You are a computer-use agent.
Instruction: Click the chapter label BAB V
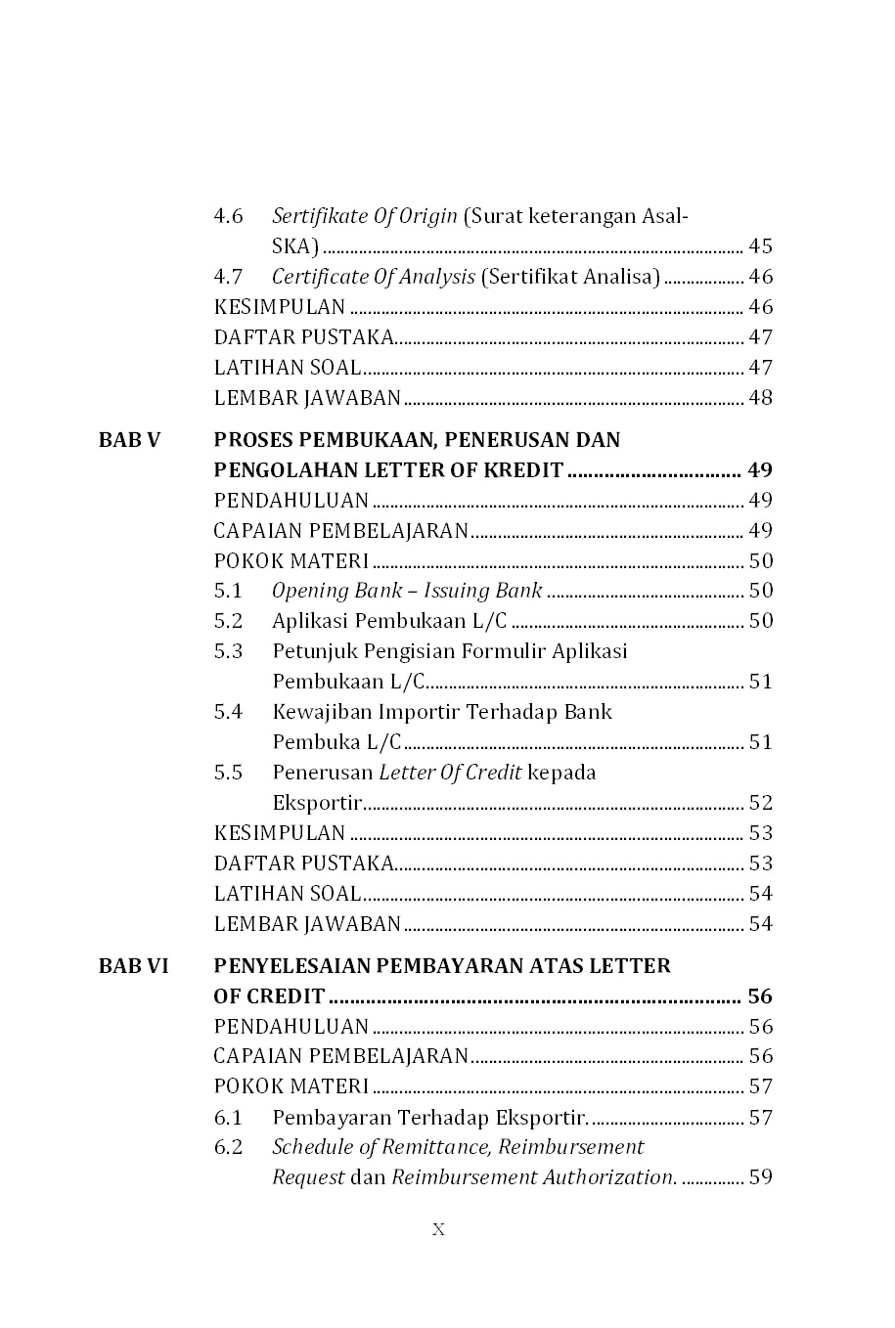(x=129, y=440)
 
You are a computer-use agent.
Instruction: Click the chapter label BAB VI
(x=133, y=966)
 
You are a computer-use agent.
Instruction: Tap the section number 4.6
(x=228, y=216)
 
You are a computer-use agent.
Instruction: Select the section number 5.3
(x=228, y=651)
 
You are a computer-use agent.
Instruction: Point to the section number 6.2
(x=228, y=1147)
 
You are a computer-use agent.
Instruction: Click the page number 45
(x=760, y=246)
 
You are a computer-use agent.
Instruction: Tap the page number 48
(x=760, y=398)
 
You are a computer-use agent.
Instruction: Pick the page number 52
(x=760, y=803)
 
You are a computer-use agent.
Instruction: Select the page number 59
(x=760, y=1177)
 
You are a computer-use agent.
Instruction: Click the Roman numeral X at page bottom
(x=438, y=1230)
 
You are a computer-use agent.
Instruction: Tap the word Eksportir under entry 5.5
(x=317, y=803)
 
